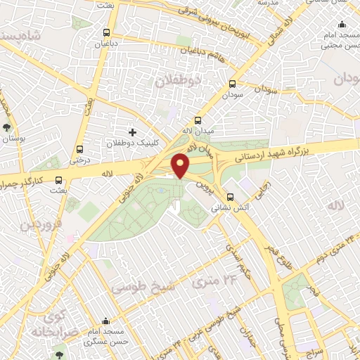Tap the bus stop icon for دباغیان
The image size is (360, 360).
pos(106,32)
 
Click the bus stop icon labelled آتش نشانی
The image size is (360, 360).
pos(229,196)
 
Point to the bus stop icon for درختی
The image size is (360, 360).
pos(79,149)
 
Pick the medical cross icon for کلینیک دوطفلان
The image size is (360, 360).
pos(132,132)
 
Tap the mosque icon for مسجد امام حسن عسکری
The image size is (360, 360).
pos(106,321)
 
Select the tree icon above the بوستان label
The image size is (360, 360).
pos(7,128)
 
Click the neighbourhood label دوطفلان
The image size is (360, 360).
pos(178,82)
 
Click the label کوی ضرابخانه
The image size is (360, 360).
pos(48,323)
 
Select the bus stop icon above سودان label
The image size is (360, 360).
pos(232,83)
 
